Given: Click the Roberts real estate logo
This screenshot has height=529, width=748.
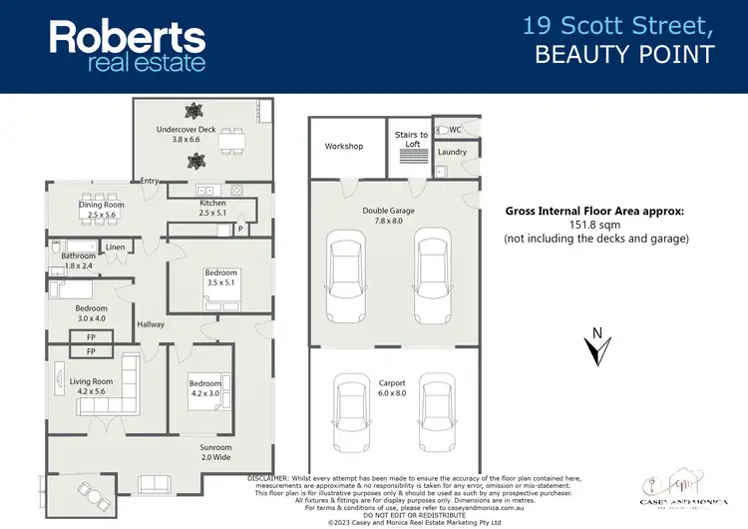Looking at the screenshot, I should (x=128, y=46).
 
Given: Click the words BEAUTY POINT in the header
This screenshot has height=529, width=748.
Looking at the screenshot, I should (x=624, y=55).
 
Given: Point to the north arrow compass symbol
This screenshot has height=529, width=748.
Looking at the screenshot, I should (x=596, y=348).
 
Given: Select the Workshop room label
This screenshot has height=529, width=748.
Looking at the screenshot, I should (x=344, y=147).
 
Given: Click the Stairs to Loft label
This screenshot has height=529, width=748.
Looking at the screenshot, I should (x=412, y=140).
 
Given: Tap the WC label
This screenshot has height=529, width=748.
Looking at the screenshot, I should (x=455, y=130).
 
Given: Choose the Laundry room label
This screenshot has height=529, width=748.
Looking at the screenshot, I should (x=452, y=153).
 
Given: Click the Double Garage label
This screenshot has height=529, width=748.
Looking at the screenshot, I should (x=389, y=211).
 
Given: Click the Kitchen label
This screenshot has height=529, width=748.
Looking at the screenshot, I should (x=213, y=204).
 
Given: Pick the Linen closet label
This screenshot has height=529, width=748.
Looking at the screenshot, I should (x=115, y=247).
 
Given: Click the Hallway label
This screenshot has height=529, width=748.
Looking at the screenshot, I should (x=151, y=324).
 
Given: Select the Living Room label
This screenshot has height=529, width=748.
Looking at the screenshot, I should (x=91, y=381).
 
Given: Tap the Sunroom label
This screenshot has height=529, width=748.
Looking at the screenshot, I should (x=215, y=448).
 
